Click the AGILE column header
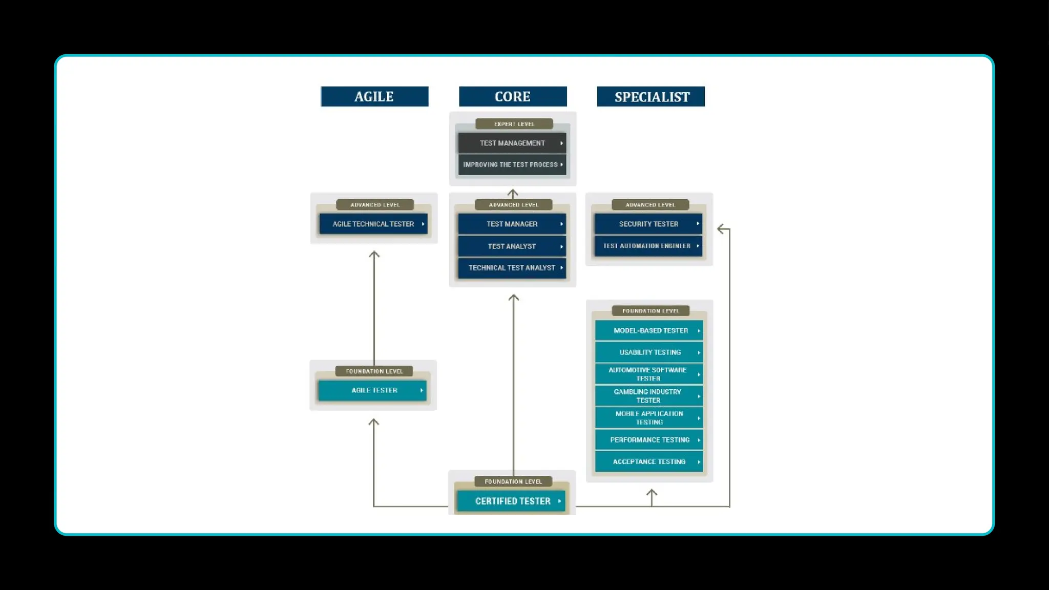(x=374, y=96)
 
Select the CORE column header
(x=513, y=96)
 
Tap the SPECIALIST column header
(x=651, y=96)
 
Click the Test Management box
(x=512, y=143)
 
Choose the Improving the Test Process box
(x=512, y=164)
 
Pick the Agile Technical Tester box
(x=373, y=224)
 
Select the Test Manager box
(x=512, y=224)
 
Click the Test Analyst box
(x=512, y=246)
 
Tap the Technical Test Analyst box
(x=512, y=268)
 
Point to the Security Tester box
(x=648, y=224)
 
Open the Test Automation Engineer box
(x=648, y=246)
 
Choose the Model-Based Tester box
(x=649, y=330)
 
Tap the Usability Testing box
(x=649, y=352)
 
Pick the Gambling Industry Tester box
(x=649, y=396)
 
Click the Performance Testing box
(x=649, y=440)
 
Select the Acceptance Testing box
(x=649, y=461)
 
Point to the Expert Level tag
(x=514, y=124)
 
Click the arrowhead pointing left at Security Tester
(x=721, y=229)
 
